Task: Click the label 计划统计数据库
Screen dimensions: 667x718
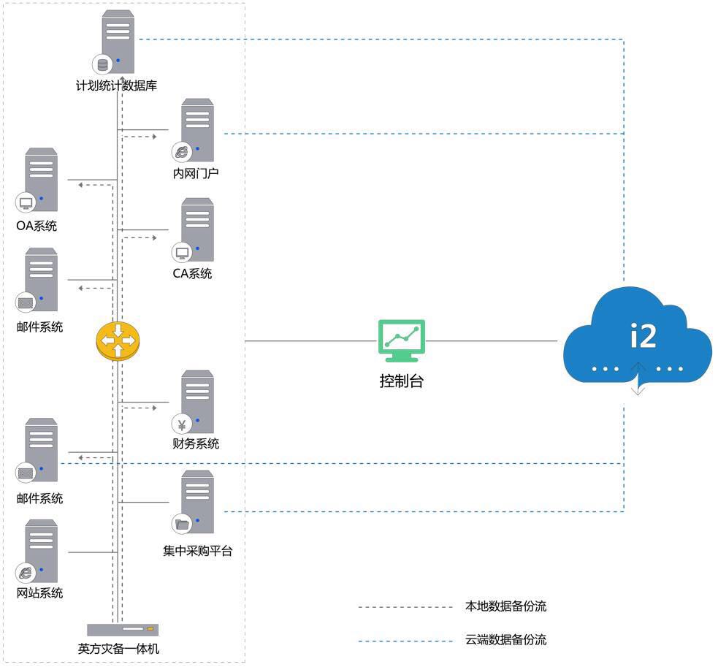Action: [116, 85]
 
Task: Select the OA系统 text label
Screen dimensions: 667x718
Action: [37, 226]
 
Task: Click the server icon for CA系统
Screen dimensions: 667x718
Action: [197, 229]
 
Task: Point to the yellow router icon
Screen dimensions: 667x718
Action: [117, 340]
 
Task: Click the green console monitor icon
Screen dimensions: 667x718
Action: [401, 340]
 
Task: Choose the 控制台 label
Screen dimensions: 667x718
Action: [401, 381]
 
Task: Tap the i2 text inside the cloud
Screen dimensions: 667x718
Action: [643, 335]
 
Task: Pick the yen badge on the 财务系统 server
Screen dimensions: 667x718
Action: [180, 424]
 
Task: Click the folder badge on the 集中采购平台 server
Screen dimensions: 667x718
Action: [181, 524]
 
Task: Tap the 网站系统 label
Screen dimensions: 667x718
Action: [40, 592]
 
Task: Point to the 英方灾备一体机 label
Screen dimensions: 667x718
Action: [118, 648]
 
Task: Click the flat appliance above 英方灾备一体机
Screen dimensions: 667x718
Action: [122, 629]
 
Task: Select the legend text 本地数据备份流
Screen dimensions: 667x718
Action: [505, 606]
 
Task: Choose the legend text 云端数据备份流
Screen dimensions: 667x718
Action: [505, 640]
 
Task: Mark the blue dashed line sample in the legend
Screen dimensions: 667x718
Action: [405, 641]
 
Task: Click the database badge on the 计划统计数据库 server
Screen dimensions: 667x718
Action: [102, 64]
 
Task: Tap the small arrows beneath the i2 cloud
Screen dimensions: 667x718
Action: [638, 378]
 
